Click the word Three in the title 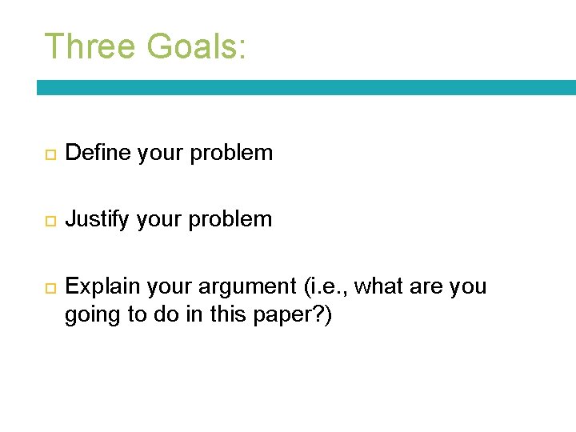pos(89,46)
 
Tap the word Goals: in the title pos(196,46)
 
